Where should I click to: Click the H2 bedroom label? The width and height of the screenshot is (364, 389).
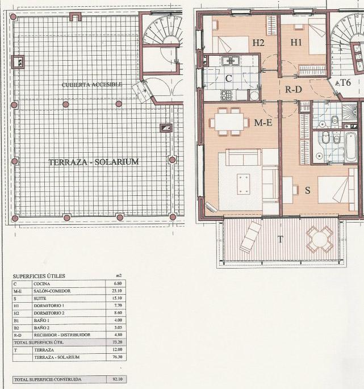click(258, 43)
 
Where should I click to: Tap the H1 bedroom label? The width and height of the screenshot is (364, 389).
click(296, 43)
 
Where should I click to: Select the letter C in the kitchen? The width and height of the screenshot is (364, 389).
click(228, 78)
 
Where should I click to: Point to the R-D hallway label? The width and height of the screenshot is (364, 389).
click(294, 89)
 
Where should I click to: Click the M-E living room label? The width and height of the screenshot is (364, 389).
click(263, 123)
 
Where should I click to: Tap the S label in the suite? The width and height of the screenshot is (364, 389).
click(308, 190)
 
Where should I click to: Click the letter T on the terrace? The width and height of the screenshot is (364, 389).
click(281, 240)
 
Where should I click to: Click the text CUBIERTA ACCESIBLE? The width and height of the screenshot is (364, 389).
click(92, 85)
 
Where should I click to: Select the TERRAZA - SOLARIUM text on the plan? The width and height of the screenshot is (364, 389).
click(94, 162)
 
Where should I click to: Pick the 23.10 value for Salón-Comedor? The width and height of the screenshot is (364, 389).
click(117, 291)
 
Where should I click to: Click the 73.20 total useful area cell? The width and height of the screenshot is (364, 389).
click(117, 342)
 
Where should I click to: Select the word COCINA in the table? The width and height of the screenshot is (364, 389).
click(41, 284)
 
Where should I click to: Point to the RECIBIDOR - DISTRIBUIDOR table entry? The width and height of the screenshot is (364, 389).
click(62, 335)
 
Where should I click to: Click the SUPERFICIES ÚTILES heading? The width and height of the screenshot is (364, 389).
click(39, 276)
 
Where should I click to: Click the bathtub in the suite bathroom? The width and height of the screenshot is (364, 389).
click(351, 147)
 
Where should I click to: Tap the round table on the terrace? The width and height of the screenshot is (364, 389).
click(319, 240)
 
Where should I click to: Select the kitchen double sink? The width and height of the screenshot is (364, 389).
click(231, 61)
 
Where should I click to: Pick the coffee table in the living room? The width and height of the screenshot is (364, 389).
click(244, 184)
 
